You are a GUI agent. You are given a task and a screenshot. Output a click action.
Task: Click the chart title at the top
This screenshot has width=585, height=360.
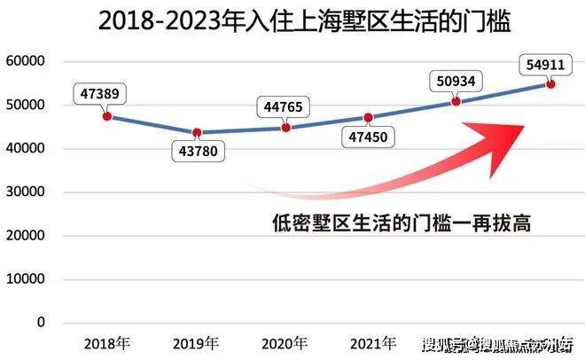click(292, 21)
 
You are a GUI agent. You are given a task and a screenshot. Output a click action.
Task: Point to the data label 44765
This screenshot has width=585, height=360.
click(285, 107)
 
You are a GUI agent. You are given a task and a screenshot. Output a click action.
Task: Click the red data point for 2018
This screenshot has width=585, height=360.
click(107, 116)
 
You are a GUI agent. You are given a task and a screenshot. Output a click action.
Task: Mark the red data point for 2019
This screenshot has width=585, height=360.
click(196, 132)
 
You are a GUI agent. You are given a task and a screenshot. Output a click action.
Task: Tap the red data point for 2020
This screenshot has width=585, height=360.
click(285, 128)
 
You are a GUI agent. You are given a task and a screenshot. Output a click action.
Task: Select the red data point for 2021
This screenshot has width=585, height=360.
click(369, 117)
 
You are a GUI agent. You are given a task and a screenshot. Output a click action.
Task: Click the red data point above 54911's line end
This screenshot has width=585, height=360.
click(550, 83)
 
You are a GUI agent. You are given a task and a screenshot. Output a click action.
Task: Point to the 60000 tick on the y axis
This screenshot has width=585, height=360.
click(26, 62)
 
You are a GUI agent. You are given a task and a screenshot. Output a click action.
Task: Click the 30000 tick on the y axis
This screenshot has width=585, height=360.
click(26, 192)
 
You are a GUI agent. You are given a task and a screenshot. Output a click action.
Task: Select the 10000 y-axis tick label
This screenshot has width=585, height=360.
click(26, 279)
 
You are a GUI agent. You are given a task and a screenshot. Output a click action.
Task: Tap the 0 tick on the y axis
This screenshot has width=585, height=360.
click(41, 323)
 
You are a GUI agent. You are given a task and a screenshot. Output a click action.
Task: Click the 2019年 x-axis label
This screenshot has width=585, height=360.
click(196, 343)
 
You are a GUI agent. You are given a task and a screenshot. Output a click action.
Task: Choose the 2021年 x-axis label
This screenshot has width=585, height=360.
click(373, 343)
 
